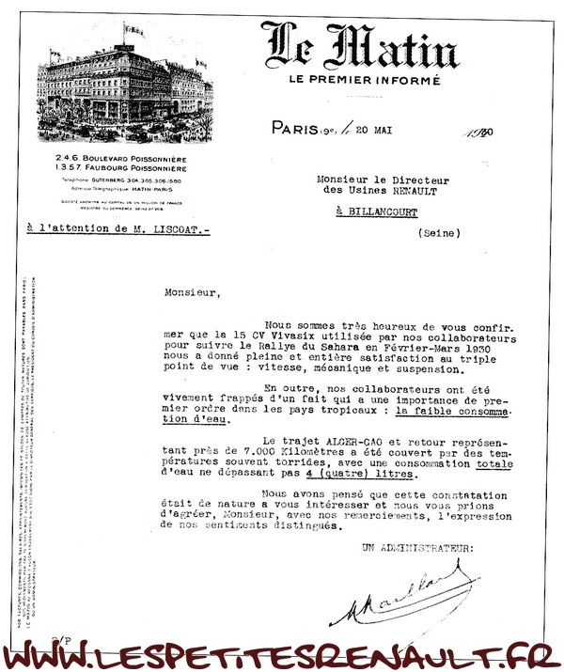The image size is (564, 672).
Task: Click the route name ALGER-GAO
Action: tap(351, 440)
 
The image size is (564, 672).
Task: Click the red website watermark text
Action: tap(282, 654)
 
